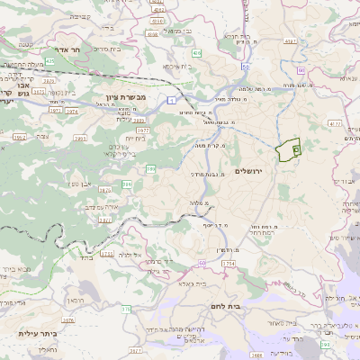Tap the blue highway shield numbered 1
(170, 100)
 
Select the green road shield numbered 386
(150, 168)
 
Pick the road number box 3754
(228, 263)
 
